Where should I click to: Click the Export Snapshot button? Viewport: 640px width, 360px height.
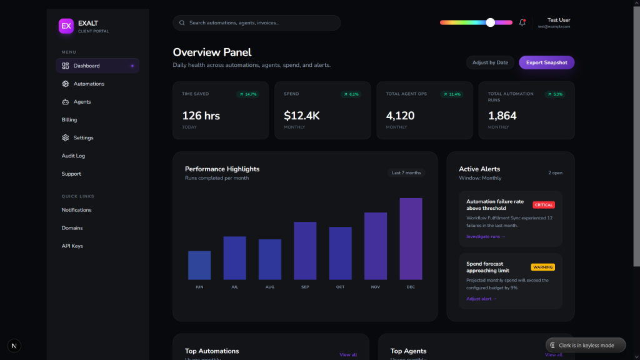coord(546,62)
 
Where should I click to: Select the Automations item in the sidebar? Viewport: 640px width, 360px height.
coord(89,84)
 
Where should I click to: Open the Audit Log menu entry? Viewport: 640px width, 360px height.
coord(73,156)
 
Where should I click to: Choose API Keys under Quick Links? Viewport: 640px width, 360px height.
coord(72,246)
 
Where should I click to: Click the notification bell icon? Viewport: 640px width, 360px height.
coord(522,22)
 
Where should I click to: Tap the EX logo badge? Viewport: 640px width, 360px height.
coord(66,26)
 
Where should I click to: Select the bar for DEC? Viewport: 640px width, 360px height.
coord(411,239)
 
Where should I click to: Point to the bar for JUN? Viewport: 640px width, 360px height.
coord(199,265)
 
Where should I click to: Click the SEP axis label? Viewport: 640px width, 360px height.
coord(305,287)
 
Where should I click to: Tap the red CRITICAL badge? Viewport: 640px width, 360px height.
coord(544,205)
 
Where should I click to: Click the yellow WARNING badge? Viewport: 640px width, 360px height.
coord(542,267)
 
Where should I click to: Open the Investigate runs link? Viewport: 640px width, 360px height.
coord(486,237)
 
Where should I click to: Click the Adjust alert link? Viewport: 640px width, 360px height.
coord(481,299)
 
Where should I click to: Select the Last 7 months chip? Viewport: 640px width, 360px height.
coord(406,172)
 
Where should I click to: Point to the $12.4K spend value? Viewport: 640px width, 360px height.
coord(302,116)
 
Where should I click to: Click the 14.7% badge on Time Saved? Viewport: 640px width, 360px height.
coord(248,94)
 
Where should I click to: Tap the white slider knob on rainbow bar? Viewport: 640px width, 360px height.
coord(491,22)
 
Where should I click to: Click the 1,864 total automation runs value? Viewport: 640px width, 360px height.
coord(502,116)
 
